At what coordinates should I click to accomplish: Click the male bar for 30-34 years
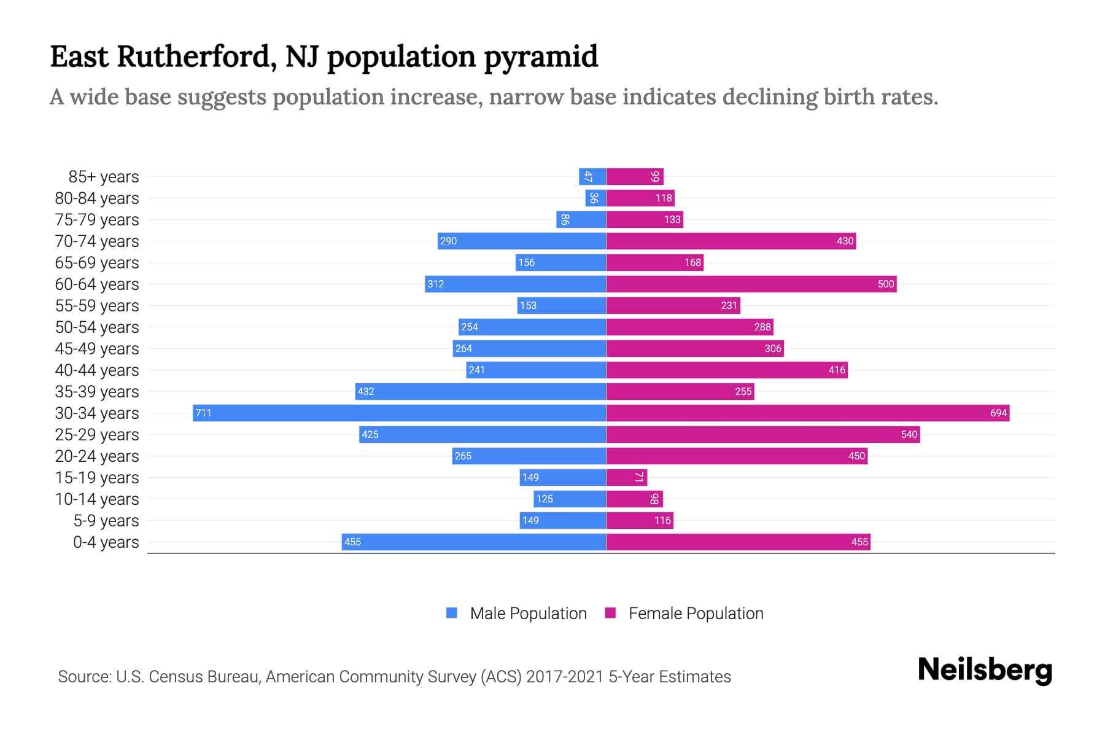click(399, 413)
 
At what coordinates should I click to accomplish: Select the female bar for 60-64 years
click(751, 284)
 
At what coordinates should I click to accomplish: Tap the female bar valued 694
click(807, 413)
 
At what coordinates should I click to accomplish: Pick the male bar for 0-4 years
click(473, 542)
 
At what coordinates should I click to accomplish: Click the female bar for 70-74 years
click(731, 241)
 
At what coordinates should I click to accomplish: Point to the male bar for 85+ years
click(592, 176)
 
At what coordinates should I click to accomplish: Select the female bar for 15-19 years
click(626, 477)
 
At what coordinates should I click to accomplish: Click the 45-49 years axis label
click(97, 349)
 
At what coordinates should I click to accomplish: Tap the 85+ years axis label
click(104, 177)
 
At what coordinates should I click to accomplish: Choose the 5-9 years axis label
click(106, 521)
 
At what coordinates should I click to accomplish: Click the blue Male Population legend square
click(452, 613)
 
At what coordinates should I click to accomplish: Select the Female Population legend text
click(696, 614)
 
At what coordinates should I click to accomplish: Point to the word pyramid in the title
click(540, 57)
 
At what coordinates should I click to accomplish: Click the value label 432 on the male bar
click(366, 391)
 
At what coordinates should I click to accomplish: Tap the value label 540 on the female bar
click(909, 434)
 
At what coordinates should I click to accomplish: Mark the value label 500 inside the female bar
click(885, 284)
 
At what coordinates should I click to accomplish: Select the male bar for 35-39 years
click(480, 391)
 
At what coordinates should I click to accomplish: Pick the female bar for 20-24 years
click(737, 456)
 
